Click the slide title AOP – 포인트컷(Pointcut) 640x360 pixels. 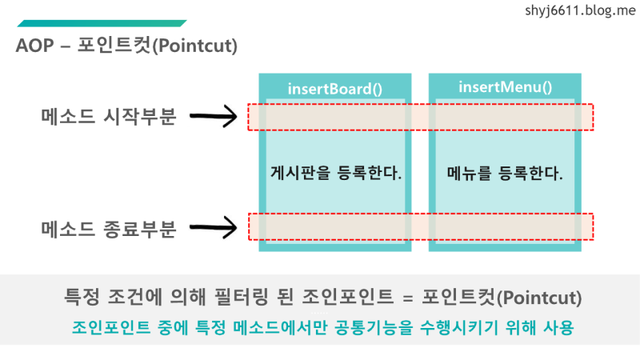tap(126, 46)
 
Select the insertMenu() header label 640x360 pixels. tap(505, 86)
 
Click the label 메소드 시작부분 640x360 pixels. tap(108, 117)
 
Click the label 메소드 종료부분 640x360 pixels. tap(108, 228)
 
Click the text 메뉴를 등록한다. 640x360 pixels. tap(505, 172)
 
